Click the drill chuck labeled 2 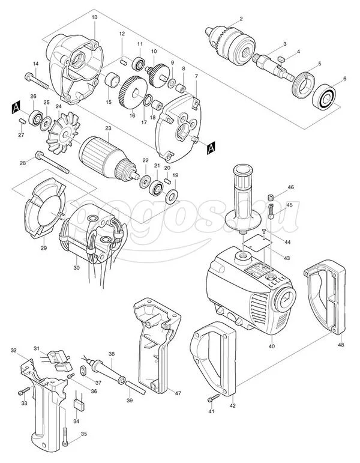pyautogui.click(x=230, y=45)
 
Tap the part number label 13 pyautogui.click(x=94, y=17)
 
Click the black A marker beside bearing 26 pyautogui.click(x=16, y=107)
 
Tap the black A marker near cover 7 pyautogui.click(x=211, y=148)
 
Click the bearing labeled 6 pyautogui.click(x=323, y=97)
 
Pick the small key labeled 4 pyautogui.click(x=281, y=59)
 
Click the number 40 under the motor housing pyautogui.click(x=271, y=346)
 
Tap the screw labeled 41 pyautogui.click(x=214, y=398)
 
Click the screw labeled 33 pyautogui.click(x=24, y=392)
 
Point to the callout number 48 pyautogui.click(x=341, y=345)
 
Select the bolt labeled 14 pyautogui.click(x=37, y=80)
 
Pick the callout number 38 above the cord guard pyautogui.click(x=111, y=354)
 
